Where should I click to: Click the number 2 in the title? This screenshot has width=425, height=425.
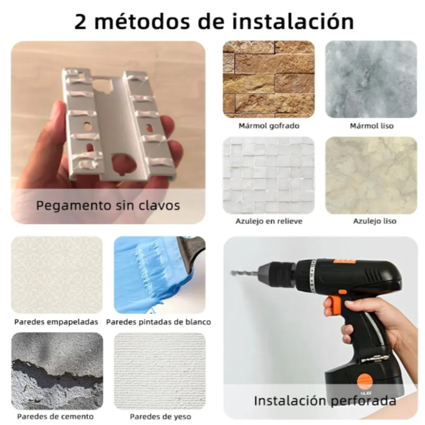point(80,22)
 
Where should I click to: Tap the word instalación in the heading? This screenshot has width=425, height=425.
point(293,21)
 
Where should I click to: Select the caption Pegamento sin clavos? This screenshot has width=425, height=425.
point(108,206)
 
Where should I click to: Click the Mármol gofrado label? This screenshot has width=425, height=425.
point(269,126)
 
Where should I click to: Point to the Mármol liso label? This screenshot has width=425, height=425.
point(372,126)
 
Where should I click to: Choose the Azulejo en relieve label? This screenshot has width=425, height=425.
point(269,221)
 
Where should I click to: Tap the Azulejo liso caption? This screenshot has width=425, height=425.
point(374,221)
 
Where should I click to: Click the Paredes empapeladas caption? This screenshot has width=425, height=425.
point(56,322)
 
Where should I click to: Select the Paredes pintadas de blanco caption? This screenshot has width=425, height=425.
point(159,322)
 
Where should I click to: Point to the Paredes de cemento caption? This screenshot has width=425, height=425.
point(55,416)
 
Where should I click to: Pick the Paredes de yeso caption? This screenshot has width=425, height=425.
point(161,416)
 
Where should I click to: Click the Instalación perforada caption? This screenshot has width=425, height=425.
point(325,401)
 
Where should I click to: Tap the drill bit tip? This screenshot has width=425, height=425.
point(232,273)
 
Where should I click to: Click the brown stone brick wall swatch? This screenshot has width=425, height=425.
point(269,79)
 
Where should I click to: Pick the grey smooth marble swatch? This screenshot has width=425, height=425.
point(371,79)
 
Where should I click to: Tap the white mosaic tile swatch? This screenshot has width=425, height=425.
point(269,175)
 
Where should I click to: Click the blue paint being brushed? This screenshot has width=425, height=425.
point(152,274)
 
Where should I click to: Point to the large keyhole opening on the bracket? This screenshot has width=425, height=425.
point(124,163)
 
